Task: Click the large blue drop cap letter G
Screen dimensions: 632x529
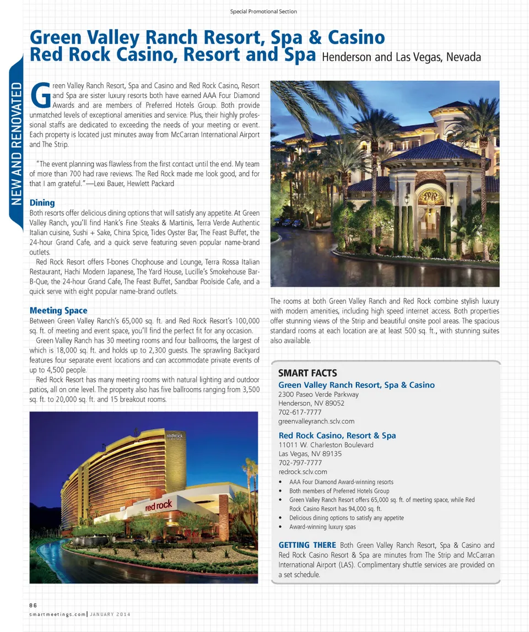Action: (40, 96)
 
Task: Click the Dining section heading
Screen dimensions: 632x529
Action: (42, 203)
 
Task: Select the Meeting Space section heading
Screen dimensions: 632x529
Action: (58, 310)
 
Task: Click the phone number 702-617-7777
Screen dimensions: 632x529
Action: (300, 412)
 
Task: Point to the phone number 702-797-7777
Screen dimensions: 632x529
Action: (300, 463)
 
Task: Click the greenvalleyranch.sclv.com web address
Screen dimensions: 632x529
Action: (316, 421)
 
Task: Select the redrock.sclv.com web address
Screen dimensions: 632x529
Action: (303, 472)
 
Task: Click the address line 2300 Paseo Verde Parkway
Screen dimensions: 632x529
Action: (319, 395)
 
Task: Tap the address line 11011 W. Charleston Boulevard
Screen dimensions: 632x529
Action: (326, 445)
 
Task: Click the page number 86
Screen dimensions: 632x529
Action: (33, 604)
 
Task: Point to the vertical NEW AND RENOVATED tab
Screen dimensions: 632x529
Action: (16, 143)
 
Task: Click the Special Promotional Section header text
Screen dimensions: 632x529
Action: (263, 12)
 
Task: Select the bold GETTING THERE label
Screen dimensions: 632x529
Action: (307, 545)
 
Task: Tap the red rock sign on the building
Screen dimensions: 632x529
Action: (159, 505)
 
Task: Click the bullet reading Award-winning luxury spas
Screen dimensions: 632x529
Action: (322, 527)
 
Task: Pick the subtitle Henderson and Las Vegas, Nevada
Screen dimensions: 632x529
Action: (401, 57)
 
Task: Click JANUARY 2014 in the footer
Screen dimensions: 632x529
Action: (111, 614)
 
